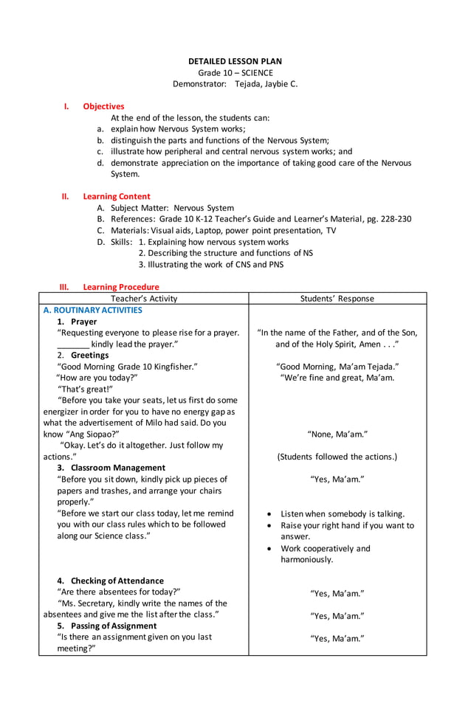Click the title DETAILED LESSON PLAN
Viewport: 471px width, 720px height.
[x=235, y=61]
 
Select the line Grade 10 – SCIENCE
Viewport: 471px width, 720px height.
[x=235, y=72]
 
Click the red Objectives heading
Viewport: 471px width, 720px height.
[x=103, y=106]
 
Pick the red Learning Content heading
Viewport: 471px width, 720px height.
[x=116, y=196]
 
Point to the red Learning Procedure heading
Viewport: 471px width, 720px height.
[x=120, y=287]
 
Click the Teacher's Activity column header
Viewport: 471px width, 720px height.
[x=144, y=299]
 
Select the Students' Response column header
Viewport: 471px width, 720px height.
[x=337, y=299]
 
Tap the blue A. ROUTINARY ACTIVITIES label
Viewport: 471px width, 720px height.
[x=92, y=311]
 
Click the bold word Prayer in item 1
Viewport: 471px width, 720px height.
[x=83, y=322]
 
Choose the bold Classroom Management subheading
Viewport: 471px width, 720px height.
[x=118, y=468]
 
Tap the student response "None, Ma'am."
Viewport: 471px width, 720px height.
[x=337, y=434]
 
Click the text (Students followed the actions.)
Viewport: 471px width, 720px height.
[x=337, y=457]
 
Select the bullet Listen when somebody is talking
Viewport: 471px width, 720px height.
[x=343, y=513]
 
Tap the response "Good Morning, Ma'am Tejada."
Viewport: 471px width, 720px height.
[x=337, y=367]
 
